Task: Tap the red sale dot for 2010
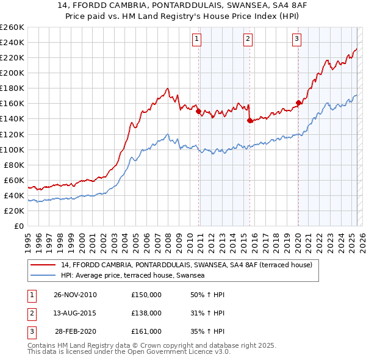coord(198,111)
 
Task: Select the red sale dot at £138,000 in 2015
coord(249,120)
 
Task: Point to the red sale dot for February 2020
coord(298,103)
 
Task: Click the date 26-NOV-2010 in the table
coord(75,295)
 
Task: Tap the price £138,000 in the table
coord(146,313)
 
